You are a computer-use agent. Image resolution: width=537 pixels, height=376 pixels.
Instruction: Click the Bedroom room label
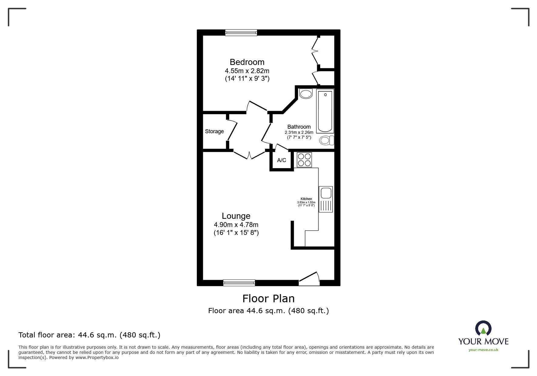[x=247, y=62]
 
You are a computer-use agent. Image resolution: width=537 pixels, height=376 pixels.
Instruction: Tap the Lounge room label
[x=236, y=216]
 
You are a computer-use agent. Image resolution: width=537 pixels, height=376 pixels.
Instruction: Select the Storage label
[x=214, y=131]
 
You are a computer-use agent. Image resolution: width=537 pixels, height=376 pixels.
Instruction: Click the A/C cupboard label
[x=281, y=160]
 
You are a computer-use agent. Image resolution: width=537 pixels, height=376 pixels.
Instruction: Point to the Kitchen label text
[x=306, y=199]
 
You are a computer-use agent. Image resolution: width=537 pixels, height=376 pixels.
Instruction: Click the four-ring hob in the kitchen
[x=304, y=160]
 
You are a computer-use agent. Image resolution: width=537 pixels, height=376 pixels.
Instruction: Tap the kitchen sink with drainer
[x=326, y=199]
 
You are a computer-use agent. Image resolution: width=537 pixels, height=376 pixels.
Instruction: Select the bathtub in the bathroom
[x=325, y=111]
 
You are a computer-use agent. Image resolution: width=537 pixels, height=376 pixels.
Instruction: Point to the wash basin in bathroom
[x=306, y=94]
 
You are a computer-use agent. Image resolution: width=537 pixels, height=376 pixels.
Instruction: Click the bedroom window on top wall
[x=241, y=32]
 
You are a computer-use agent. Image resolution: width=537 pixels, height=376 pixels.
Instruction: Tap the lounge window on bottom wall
[x=239, y=283]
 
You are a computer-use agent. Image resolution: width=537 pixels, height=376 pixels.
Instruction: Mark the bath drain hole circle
[x=326, y=95]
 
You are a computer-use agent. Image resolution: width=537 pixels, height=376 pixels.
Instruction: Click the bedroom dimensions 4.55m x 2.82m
[x=247, y=71]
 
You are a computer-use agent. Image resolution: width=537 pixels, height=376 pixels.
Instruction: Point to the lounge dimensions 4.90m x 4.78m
[x=236, y=225]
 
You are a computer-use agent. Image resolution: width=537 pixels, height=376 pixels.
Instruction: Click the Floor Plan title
[x=268, y=299]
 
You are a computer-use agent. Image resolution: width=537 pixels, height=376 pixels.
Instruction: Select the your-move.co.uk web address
[x=483, y=350]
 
